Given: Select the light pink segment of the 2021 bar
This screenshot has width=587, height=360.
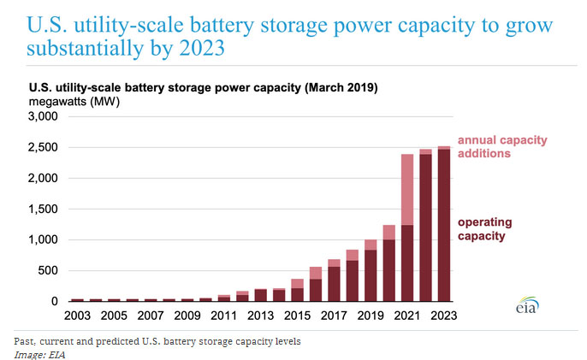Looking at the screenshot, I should pos(407,189).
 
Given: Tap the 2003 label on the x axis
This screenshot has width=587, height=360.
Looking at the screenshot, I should pos(77,315).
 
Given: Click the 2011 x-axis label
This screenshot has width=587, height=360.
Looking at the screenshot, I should pos(224,315).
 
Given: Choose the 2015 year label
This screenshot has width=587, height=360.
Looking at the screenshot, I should pos(298,315).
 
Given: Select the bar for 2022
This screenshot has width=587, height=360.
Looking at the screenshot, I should pos(426,231).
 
